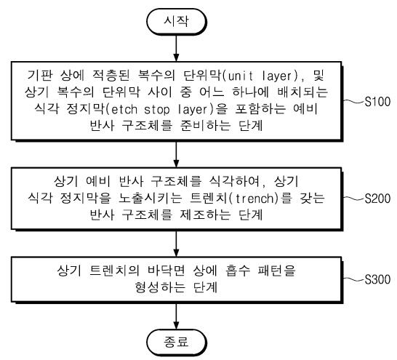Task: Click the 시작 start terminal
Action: tap(177, 21)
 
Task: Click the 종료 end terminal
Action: tap(177, 343)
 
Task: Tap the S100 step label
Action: tap(377, 102)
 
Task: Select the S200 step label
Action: tap(377, 199)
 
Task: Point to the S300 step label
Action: tap(377, 279)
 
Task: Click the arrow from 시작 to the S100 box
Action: tap(176, 48)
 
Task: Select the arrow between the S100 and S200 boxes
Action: tap(176, 153)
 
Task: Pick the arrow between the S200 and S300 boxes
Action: tap(176, 244)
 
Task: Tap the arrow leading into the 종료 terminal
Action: tap(176, 316)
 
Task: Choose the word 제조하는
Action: tap(205, 215)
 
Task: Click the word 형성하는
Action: tap(160, 287)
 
